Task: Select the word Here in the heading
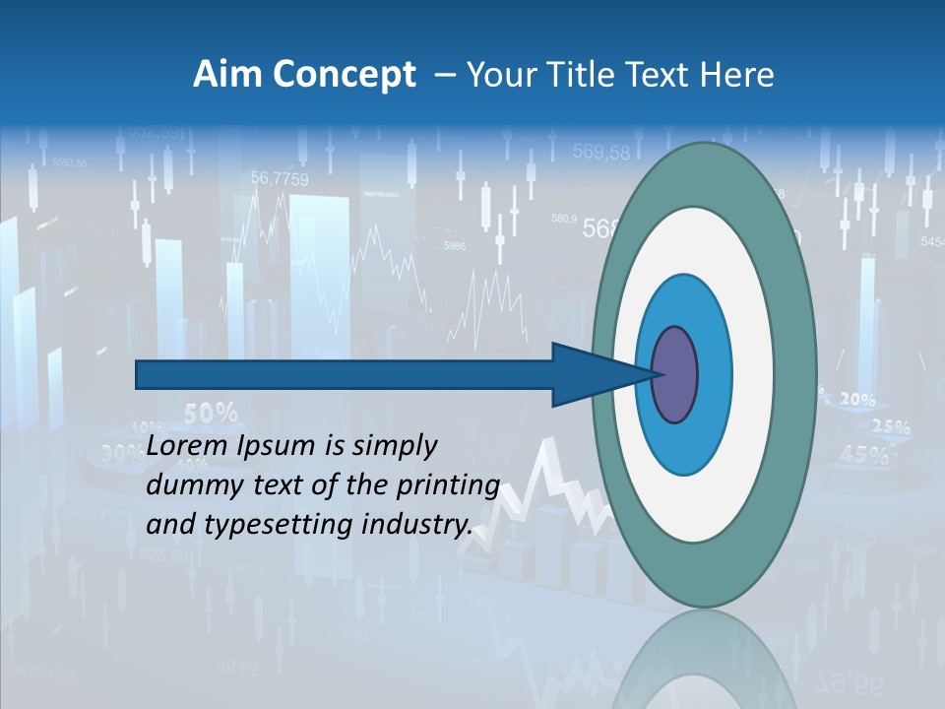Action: tap(737, 75)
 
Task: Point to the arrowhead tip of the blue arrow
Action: tap(658, 374)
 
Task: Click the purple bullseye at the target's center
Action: tap(675, 375)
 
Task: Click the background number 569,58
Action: tap(600, 153)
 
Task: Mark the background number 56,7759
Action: tap(280, 179)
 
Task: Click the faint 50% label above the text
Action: tap(211, 413)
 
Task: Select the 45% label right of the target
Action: tap(864, 455)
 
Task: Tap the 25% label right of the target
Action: tap(891, 427)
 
